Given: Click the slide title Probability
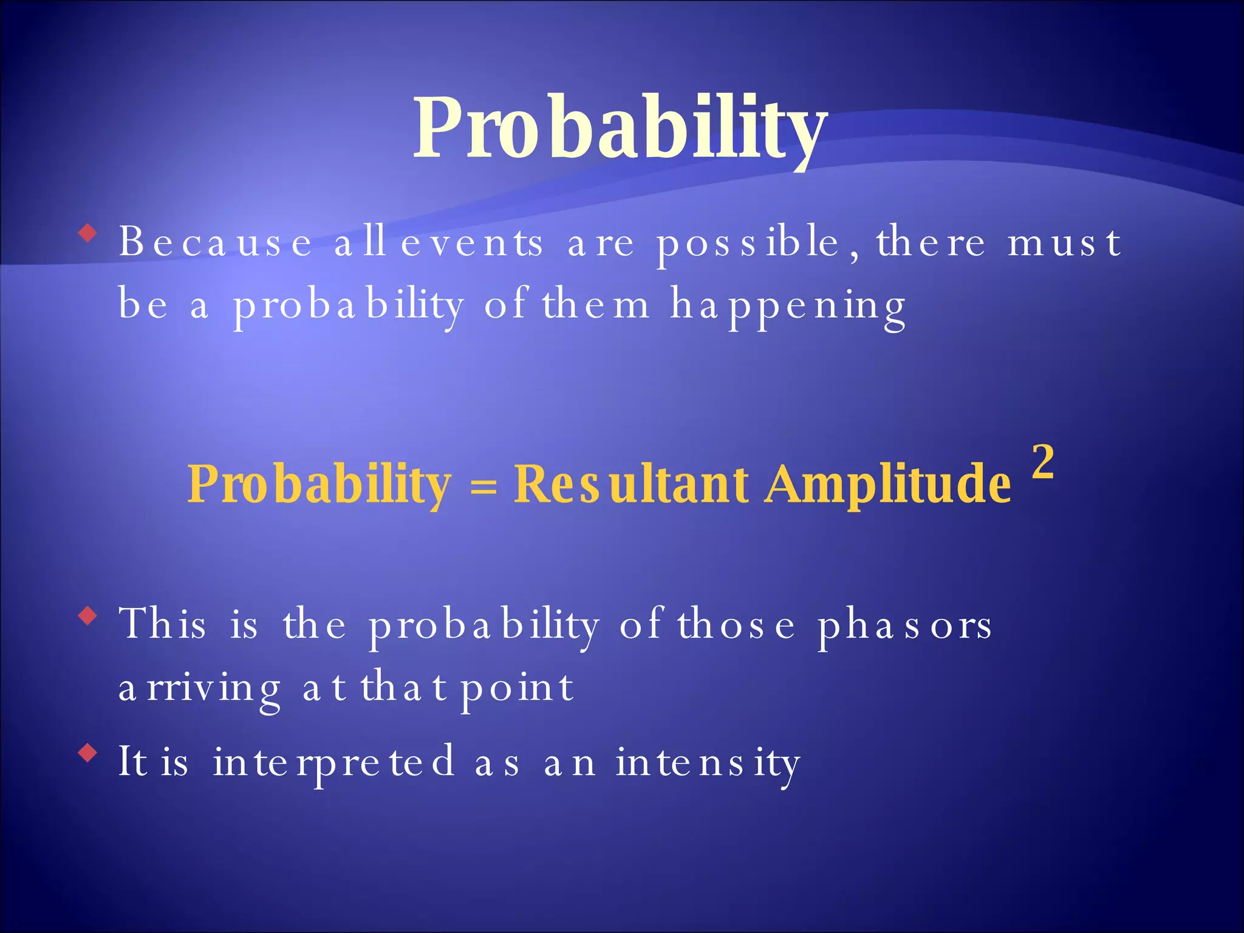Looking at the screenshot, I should pos(620,129).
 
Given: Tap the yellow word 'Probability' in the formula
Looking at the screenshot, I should pos(320,484).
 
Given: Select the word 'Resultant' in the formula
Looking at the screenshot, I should pos(632,484).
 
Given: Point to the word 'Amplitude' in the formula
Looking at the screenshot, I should pos(888,484).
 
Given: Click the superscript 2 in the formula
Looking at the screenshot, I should pos(1042,462).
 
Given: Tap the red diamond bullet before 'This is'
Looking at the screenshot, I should pos(88,616).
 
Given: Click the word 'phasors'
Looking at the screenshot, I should pos(904,626).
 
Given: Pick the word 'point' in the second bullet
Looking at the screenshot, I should pos(517,688).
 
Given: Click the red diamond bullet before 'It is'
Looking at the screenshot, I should pos(88,754).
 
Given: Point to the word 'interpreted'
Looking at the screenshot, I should pos(334,763).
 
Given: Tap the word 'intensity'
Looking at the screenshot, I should pos(708,763).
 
